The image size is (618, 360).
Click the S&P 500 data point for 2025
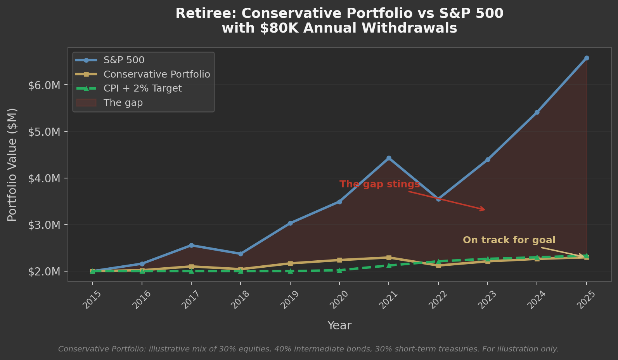(586, 58)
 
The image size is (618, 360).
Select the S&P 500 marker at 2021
(389, 158)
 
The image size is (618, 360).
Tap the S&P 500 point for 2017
(191, 245)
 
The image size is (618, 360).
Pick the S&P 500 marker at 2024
(537, 112)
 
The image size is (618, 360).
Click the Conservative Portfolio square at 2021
(389, 258)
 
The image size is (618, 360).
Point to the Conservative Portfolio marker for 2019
(290, 263)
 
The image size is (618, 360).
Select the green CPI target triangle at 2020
(339, 270)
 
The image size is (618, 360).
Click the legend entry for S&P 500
(124, 60)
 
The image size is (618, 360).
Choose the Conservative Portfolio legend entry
(156, 74)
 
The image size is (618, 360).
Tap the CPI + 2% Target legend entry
(142, 88)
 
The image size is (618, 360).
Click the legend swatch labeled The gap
(86, 103)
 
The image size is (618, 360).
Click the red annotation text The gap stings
(379, 184)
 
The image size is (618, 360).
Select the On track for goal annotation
(509, 240)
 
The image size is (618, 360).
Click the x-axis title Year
(339, 325)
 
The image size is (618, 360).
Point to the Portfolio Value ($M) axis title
(12, 165)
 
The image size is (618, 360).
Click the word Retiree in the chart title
(205, 14)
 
